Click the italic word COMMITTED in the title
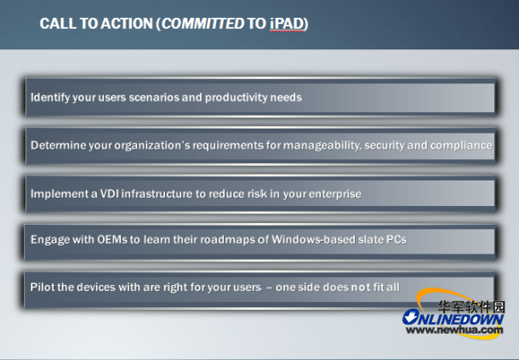click(202, 24)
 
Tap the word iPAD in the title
click(287, 24)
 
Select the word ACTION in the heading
click(127, 24)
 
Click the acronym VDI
click(109, 194)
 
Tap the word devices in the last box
click(96, 287)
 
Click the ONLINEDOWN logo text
click(453, 318)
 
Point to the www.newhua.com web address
click(454, 330)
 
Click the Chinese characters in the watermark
click(471, 307)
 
